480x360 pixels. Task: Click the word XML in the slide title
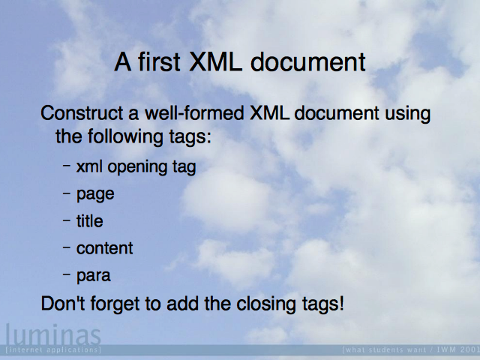tap(214, 61)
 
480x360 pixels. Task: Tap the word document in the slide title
tap(308, 61)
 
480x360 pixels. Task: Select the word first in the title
tap(159, 61)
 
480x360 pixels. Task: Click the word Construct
tap(82, 113)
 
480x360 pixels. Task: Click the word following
tap(125, 137)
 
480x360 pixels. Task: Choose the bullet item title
tap(90, 221)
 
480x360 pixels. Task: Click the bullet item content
tap(104, 248)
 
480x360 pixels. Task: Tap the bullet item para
tap(93, 276)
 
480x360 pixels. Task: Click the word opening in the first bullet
tap(137, 168)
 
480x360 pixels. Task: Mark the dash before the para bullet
tap(67, 274)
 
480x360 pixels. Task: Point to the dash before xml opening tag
tap(67, 166)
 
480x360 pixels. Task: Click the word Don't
tap(63, 304)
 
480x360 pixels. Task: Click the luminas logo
tap(53, 335)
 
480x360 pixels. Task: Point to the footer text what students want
tap(384, 349)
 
